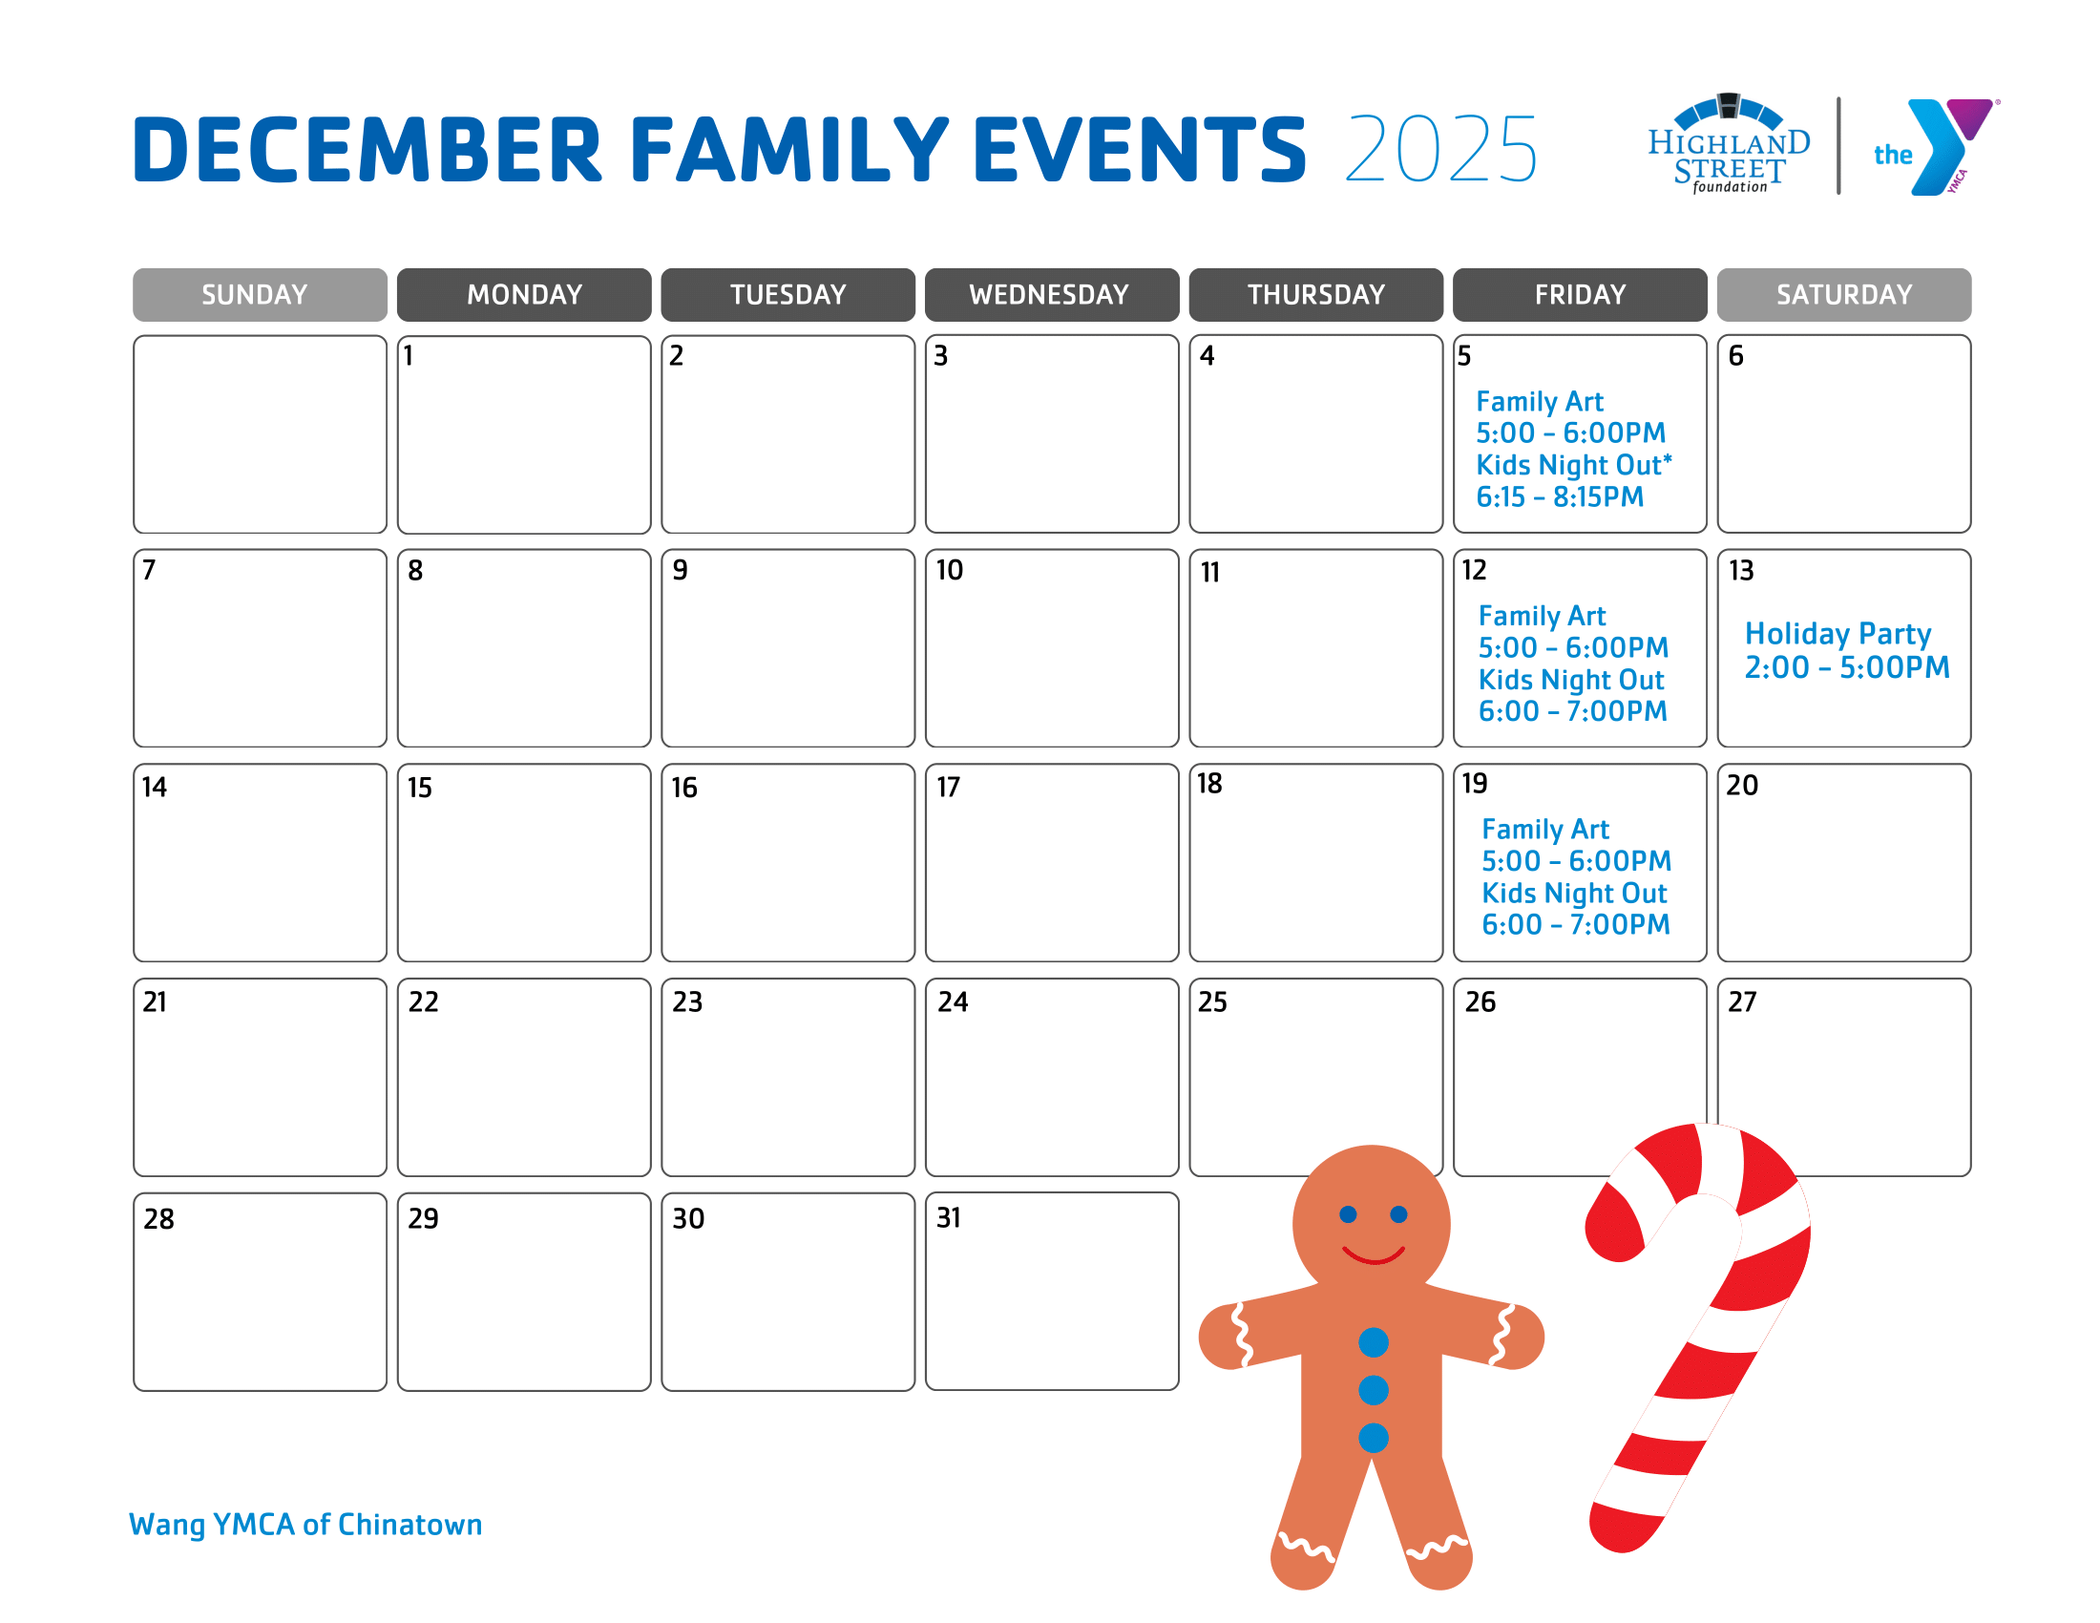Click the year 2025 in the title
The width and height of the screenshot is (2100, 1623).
click(x=1440, y=149)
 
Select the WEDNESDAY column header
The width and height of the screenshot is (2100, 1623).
click(x=1051, y=294)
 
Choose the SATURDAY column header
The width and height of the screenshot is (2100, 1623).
click(x=1843, y=294)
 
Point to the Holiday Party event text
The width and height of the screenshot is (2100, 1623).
click(x=1837, y=634)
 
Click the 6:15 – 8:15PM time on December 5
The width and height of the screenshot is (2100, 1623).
click(x=1560, y=497)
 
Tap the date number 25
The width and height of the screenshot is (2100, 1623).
click(x=1211, y=1001)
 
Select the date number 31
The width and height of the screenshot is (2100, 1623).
click(x=948, y=1217)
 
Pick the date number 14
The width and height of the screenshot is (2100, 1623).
click(x=154, y=788)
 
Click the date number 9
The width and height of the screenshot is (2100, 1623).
click(x=680, y=570)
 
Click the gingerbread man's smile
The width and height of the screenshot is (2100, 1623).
click(x=1373, y=1254)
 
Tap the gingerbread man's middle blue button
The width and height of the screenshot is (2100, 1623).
click(x=1373, y=1389)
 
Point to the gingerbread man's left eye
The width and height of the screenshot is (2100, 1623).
click(x=1348, y=1214)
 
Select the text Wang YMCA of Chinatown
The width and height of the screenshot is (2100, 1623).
click(x=305, y=1524)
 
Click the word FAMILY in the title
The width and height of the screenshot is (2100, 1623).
click(x=788, y=149)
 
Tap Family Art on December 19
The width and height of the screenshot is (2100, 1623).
click(x=1544, y=829)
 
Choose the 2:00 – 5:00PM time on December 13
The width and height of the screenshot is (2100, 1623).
click(x=1846, y=667)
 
